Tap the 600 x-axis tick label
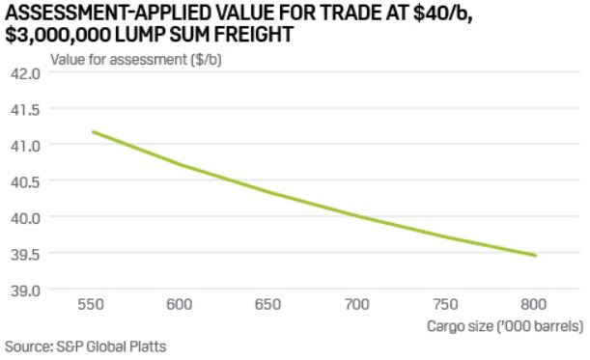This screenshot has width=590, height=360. (x=181, y=305)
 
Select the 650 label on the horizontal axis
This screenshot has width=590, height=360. (x=269, y=305)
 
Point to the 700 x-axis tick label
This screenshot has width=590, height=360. (x=358, y=305)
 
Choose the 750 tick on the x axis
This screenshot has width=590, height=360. (x=447, y=305)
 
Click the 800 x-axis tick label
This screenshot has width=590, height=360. (x=535, y=305)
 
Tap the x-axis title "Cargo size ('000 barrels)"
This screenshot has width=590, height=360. (x=505, y=326)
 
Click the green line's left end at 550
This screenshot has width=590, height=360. (x=93, y=131)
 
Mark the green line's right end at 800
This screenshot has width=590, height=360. (x=536, y=256)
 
